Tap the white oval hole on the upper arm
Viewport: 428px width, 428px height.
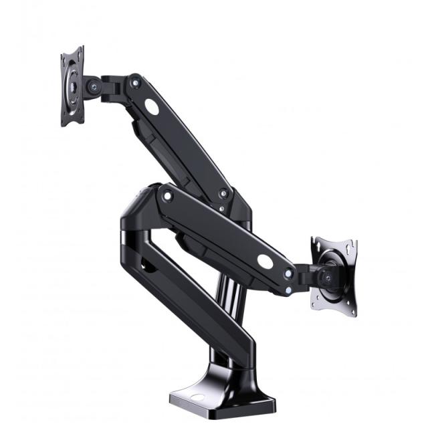tap(152, 106)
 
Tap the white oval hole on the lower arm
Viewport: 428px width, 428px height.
tap(265, 261)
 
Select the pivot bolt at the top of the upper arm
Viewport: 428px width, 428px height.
tap(136, 83)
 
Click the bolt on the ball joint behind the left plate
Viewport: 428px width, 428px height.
tap(92, 87)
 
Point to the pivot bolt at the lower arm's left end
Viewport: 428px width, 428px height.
tap(167, 196)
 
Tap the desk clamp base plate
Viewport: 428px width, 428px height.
tap(221, 399)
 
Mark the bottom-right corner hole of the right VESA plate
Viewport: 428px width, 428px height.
tap(350, 309)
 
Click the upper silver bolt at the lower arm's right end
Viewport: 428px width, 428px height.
tap(288, 274)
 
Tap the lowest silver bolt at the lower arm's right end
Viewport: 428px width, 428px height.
tap(288, 290)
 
